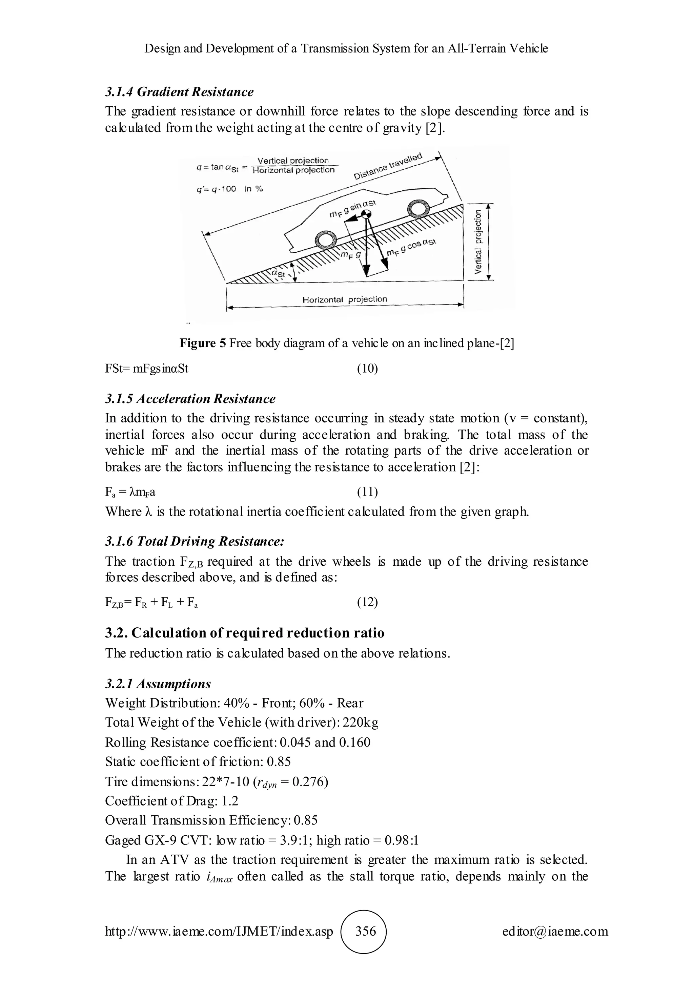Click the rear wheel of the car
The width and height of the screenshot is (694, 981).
326,240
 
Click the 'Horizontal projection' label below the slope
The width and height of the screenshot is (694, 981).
344,299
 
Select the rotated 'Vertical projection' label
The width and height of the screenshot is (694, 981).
478,242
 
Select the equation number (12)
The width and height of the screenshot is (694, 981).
367,602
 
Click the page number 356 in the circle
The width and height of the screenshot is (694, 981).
366,931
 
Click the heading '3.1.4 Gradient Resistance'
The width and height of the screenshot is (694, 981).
179,92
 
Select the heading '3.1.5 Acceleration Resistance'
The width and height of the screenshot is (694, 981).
190,399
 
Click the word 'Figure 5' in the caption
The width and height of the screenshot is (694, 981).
203,343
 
